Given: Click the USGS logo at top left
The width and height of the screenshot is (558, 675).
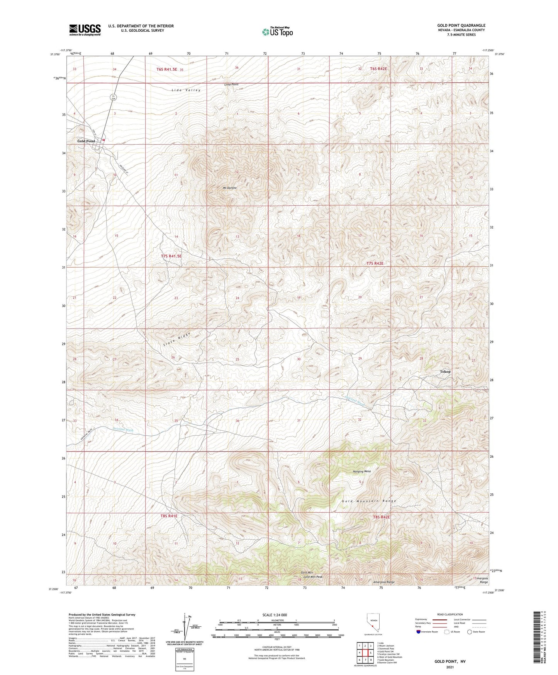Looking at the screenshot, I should tap(85, 30).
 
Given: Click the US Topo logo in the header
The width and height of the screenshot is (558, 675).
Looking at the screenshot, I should tap(277, 32).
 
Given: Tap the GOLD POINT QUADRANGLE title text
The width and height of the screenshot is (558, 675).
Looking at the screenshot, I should tap(461, 25).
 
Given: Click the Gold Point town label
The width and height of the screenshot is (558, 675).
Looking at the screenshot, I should tap(86, 141).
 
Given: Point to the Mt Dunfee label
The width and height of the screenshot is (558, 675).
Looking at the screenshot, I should tap(230, 188).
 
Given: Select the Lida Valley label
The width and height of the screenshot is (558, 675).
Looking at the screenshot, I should tap(186, 90).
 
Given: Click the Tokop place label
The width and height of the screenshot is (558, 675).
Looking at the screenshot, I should tap(445, 372).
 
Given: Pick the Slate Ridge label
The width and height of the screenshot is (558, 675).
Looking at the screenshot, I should tap(176, 338).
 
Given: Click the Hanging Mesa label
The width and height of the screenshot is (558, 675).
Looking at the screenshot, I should tap(362, 471).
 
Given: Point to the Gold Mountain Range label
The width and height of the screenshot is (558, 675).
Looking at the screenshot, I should tap(369, 501).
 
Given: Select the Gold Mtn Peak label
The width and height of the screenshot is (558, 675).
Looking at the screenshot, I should tap(313, 577).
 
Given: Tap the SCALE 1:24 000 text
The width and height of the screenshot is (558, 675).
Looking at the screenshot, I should tap(275, 615).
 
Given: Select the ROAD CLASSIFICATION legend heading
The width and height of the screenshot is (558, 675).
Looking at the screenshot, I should tap(449, 614).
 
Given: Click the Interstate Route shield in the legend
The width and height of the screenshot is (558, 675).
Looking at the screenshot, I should tap(418, 632).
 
